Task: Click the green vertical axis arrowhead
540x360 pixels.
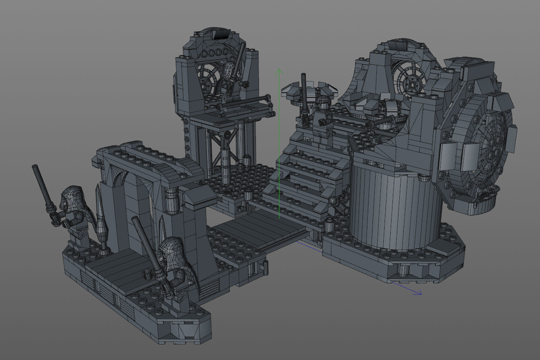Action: tap(279, 71)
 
